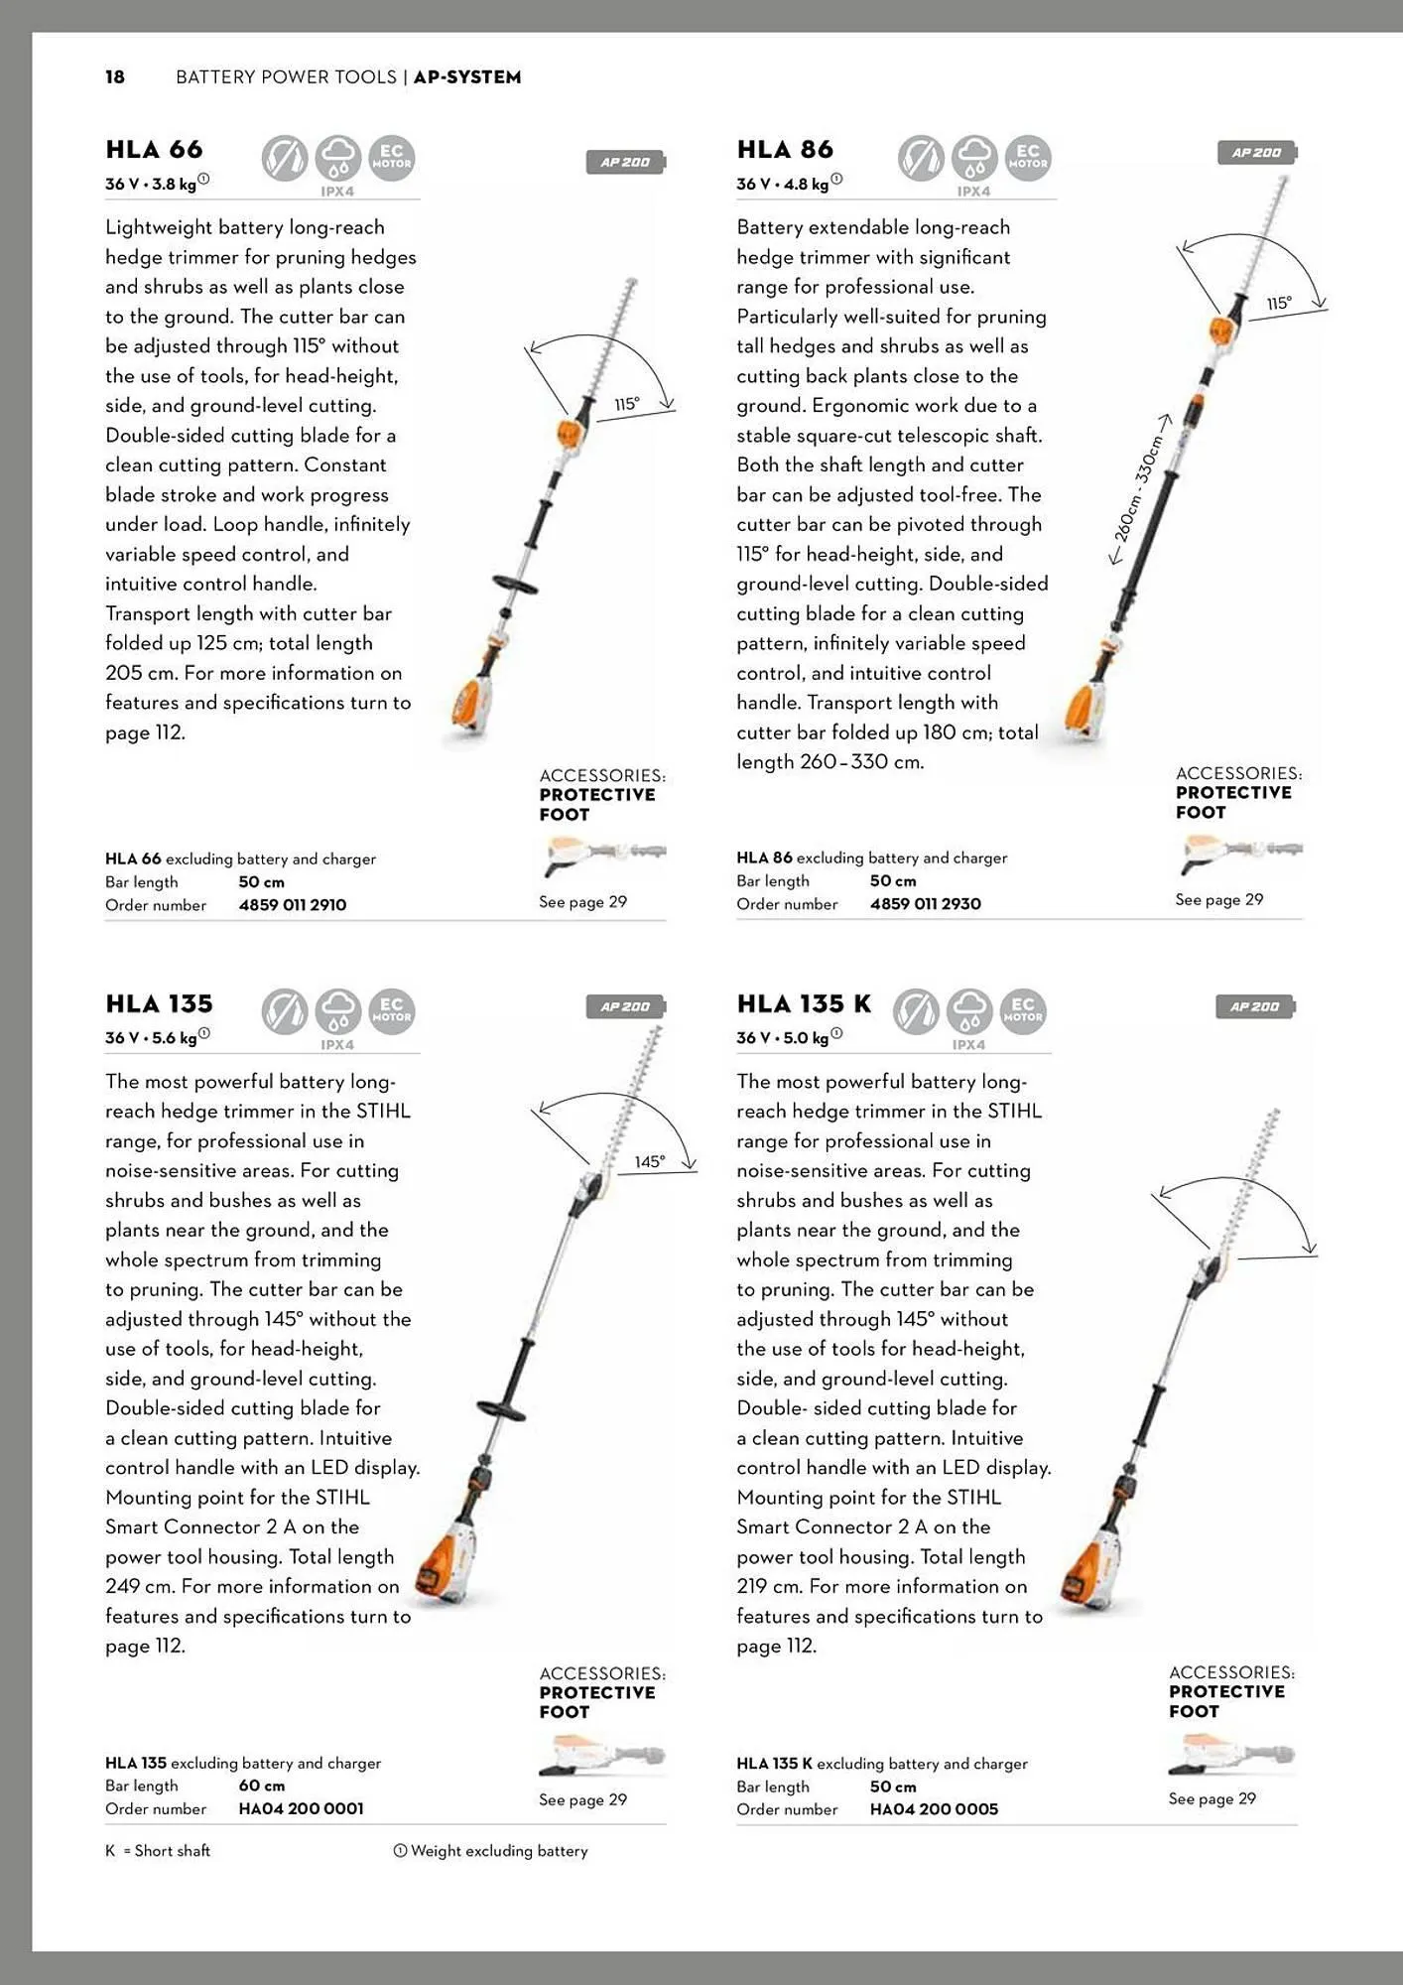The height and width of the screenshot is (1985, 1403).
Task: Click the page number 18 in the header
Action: pyautogui.click(x=115, y=77)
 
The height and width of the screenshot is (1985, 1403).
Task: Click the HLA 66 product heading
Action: pyautogui.click(x=154, y=150)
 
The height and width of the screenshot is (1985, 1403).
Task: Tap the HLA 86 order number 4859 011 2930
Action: pyautogui.click(x=925, y=904)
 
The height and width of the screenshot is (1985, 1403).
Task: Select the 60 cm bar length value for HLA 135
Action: pyautogui.click(x=261, y=1786)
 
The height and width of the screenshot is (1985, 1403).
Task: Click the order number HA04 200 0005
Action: pyautogui.click(x=934, y=1809)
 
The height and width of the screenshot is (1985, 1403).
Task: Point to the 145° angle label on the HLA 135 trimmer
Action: pyautogui.click(x=650, y=1161)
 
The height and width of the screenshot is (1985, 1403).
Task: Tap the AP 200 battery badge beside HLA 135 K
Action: pyautogui.click(x=1255, y=1007)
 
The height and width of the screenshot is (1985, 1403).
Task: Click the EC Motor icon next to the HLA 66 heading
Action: pyautogui.click(x=392, y=158)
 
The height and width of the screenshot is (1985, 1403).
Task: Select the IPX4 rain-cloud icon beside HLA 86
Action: pyautogui.click(x=974, y=159)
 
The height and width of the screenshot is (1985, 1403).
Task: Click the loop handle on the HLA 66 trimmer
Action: pyautogui.click(x=515, y=584)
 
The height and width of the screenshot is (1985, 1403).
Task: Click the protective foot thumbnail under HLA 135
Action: pyautogui.click(x=601, y=1758)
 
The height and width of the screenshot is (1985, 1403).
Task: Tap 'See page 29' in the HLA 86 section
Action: pyautogui.click(x=1218, y=900)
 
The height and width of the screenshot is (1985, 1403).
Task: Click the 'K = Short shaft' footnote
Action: pyautogui.click(x=158, y=1851)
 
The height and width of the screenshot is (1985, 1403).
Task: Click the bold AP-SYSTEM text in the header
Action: pyautogui.click(x=467, y=77)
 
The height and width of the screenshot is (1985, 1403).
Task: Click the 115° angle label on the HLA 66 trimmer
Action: pyautogui.click(x=627, y=404)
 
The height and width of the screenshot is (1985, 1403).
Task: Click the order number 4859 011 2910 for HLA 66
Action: pyautogui.click(x=293, y=905)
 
